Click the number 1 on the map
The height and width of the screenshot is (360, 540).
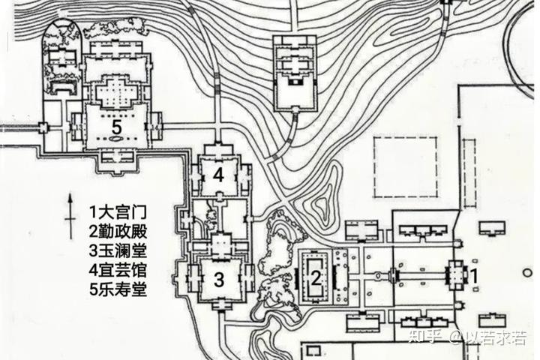click(474, 275)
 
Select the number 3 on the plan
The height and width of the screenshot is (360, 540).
click(219, 279)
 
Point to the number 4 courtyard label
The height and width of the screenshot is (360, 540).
click(218, 175)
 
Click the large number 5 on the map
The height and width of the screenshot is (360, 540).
click(117, 127)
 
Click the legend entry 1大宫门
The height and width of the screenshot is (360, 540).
click(118, 211)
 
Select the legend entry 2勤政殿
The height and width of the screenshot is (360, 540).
click(118, 231)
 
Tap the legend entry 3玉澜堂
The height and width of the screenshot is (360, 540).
click(118, 250)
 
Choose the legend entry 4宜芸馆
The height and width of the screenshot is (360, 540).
click(118, 270)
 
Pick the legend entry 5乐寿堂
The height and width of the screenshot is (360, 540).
click(118, 289)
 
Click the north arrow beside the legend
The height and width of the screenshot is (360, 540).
click(70, 216)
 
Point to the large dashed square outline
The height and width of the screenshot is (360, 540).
click(373, 167)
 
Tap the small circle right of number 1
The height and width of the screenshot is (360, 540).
click(527, 273)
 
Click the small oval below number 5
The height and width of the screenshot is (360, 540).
click(117, 139)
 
